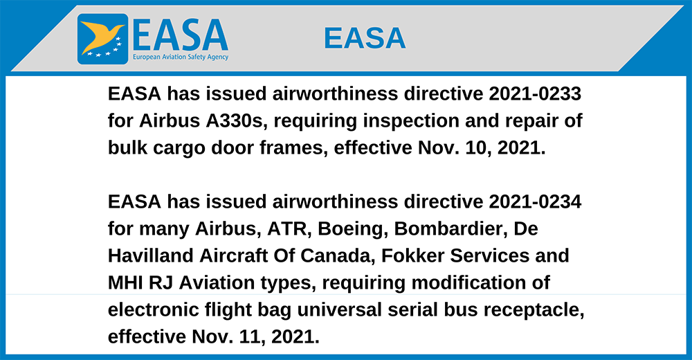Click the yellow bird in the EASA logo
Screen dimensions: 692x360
click(x=100, y=35)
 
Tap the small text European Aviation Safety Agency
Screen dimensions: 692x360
click(x=181, y=57)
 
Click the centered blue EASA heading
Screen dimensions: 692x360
click(x=365, y=38)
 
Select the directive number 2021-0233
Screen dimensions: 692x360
click(x=535, y=93)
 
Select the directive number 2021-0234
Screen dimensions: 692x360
click(x=535, y=201)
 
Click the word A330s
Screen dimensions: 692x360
click(x=237, y=121)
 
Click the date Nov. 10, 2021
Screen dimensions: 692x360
click(x=482, y=148)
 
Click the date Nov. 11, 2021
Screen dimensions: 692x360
click(x=255, y=337)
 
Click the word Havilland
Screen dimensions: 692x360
click(x=150, y=255)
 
